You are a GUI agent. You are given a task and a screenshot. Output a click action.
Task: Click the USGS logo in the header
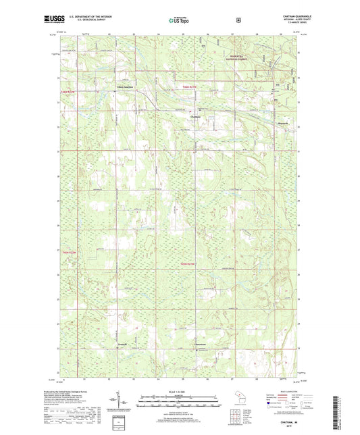coord(55,20)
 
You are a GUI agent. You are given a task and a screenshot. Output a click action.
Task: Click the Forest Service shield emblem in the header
coord(238,20)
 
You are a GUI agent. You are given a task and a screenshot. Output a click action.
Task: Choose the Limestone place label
coord(201,344)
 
